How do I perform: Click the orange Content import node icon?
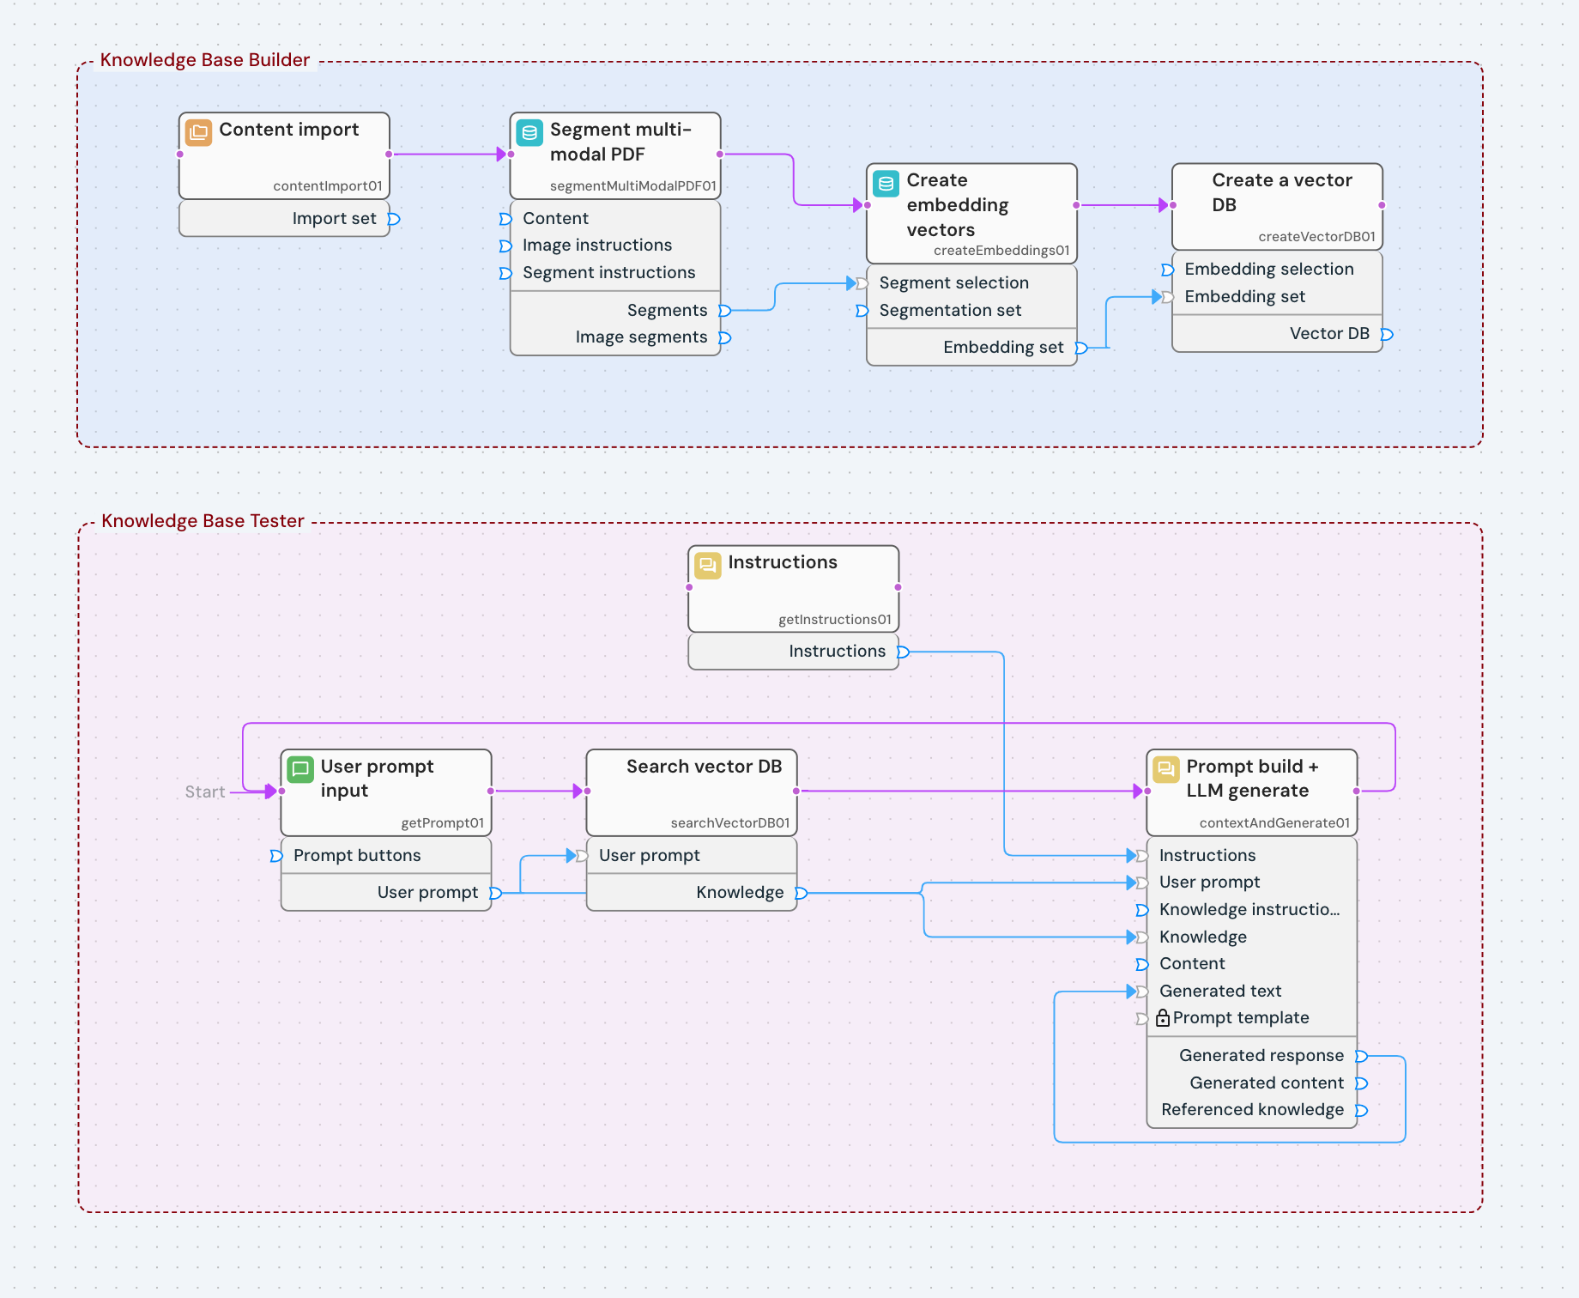pos(198,132)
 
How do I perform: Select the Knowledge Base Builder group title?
pos(204,60)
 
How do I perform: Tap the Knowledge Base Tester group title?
pos(203,521)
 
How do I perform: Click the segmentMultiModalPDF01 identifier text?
pos(632,185)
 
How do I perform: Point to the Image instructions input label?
pos(596,246)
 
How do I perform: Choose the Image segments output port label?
pos(641,337)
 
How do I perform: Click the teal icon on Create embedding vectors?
pos(886,183)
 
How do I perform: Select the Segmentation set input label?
pos(949,311)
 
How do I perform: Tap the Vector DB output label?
pos(1328,334)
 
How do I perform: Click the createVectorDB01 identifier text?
pos(1316,237)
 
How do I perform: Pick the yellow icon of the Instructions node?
pos(707,565)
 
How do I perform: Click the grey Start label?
pos(205,792)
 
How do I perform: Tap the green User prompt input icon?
pos(300,769)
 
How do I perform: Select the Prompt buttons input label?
pos(357,856)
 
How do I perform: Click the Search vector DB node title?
pos(704,767)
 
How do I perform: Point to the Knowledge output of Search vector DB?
pos(740,893)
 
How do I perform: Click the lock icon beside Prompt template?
pos(1163,1018)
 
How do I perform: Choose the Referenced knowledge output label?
pos(1252,1110)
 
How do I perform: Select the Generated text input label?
pos(1219,992)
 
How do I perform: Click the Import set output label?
pos(334,219)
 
